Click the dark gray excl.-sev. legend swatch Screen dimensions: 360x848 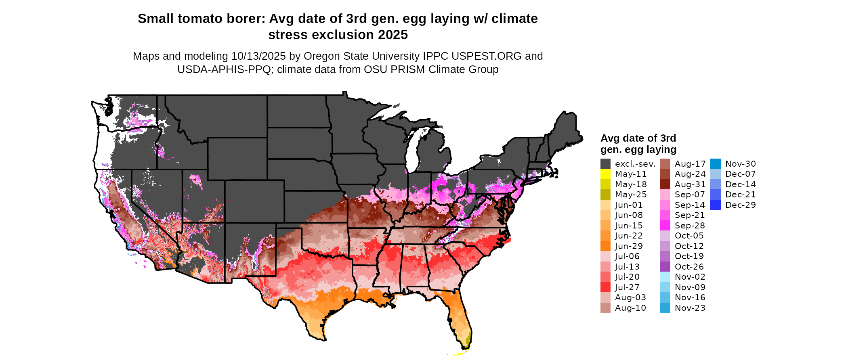605,164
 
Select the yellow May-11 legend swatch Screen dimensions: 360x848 605,174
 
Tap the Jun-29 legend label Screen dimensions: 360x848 629,246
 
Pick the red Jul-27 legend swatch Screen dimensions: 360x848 605,287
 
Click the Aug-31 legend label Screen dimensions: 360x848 690,184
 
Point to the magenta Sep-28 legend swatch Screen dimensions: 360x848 665,226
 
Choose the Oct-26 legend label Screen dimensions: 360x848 689,267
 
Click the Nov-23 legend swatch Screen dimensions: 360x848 665,308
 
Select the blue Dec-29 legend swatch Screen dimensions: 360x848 715,205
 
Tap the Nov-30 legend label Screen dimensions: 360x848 741,164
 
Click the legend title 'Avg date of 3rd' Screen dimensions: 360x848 638,138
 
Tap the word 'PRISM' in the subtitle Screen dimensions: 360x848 409,69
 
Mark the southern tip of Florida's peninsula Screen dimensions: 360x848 464,348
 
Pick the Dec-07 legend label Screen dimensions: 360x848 741,174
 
